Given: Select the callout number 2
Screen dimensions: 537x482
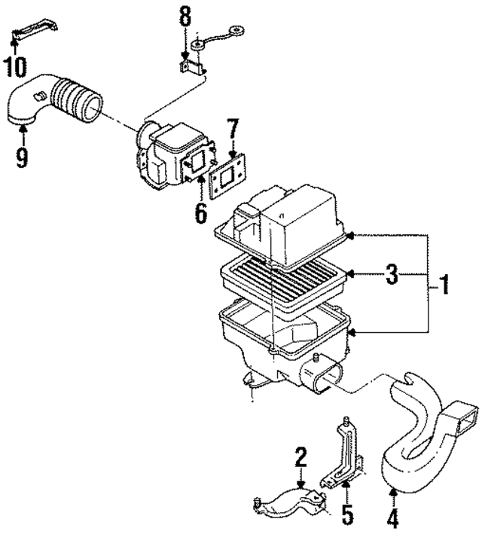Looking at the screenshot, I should click(300, 456).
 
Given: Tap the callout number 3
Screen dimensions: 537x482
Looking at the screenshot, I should click(391, 274).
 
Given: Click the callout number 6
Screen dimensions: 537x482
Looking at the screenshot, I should click(200, 213).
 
